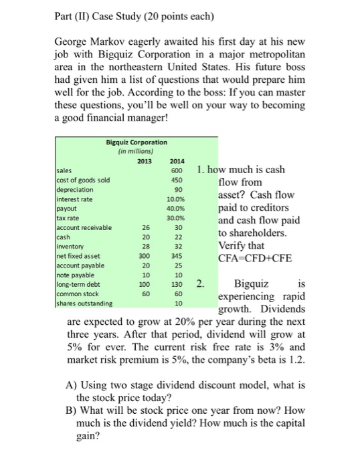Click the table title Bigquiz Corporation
click(137, 142)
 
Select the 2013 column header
click(145, 160)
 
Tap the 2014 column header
click(177, 160)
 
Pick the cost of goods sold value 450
click(177, 179)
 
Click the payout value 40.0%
click(177, 208)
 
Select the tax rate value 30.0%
click(177, 217)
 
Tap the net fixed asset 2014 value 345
click(177, 255)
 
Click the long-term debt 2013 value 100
click(145, 284)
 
